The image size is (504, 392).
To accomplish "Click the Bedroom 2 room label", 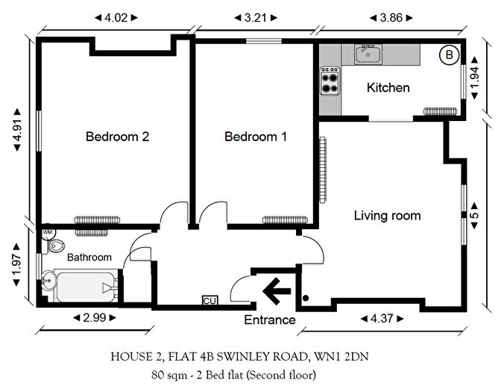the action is coord(117,137).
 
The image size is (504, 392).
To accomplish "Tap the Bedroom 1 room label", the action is coord(256,137).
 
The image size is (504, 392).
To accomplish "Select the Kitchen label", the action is coord(388,87).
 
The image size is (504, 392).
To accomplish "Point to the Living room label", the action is coord(388,216).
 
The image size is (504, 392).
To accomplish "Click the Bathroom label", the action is coord(89,257).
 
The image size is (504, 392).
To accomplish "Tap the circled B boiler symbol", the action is coord(449,55).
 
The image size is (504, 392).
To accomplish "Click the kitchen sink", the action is coord(368,54).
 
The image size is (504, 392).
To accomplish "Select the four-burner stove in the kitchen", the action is coord(330,81).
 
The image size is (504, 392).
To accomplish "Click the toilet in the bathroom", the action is coord(54,246).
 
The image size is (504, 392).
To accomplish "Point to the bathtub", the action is coord(86,286).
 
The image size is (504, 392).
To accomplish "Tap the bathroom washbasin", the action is coord(48,281).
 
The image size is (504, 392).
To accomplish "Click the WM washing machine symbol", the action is coord(48,232).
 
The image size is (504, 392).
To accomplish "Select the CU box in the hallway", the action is coord(210,301).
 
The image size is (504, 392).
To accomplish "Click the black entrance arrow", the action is coord(277,291).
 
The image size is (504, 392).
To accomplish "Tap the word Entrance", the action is coord(270,320).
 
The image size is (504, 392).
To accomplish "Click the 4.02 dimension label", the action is coord(116,17).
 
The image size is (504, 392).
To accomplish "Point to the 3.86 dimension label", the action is coord(391,17).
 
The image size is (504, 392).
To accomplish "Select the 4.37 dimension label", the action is coord(382,319).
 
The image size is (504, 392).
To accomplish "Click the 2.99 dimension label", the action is coord(95,317).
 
